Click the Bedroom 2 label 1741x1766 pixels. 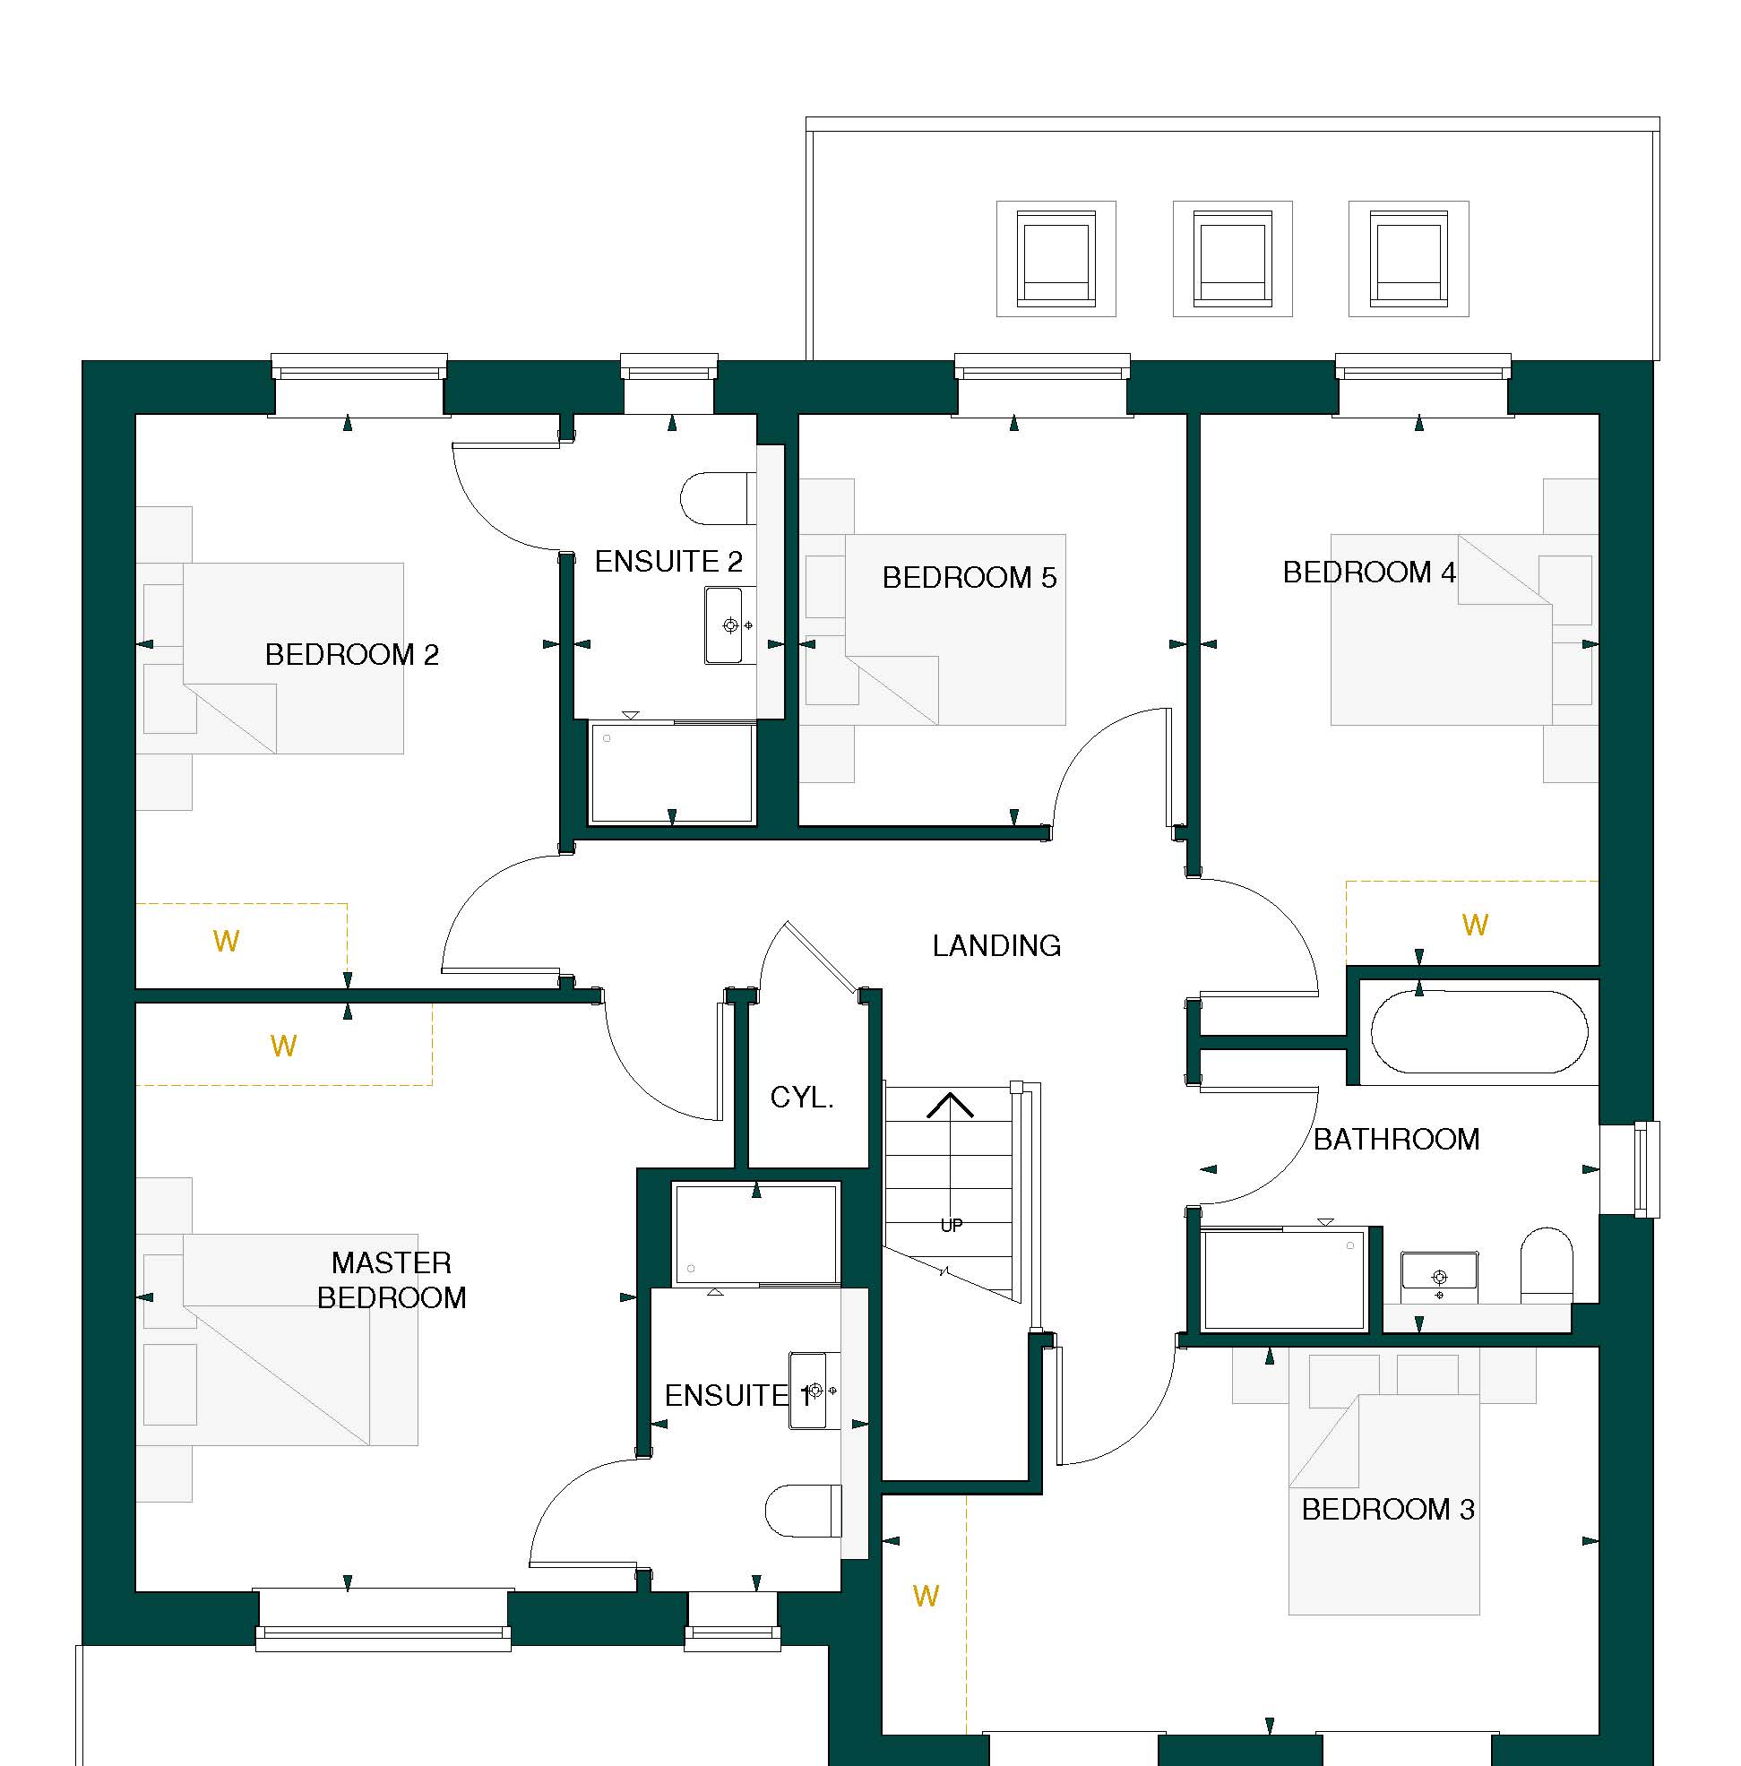(x=351, y=654)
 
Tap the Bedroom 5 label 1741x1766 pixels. (x=969, y=578)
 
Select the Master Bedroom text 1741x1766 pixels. (x=392, y=1279)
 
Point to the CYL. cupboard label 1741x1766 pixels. (x=801, y=1097)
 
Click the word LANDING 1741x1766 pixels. (x=996, y=945)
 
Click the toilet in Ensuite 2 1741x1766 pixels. (x=718, y=499)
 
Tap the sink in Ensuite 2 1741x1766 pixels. (x=728, y=625)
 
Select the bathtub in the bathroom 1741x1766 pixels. (x=1479, y=1032)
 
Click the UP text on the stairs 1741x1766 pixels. (x=952, y=1226)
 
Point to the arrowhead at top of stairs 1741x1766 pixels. (x=951, y=1104)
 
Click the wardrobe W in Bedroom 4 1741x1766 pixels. (x=1475, y=925)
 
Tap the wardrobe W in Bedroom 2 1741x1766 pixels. (x=226, y=941)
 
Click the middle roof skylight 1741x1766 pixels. (x=1232, y=259)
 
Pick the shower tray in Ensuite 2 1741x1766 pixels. (x=672, y=773)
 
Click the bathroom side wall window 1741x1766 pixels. (x=1645, y=1169)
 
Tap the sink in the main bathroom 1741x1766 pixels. (x=1439, y=1271)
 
